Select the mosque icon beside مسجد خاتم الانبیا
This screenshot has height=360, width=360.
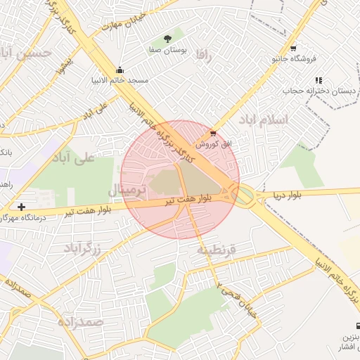pos(120,70)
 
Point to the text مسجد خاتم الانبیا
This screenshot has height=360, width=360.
pos(123,80)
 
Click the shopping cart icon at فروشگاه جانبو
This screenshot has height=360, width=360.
pos(293,49)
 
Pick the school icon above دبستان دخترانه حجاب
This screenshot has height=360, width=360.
pos(319,80)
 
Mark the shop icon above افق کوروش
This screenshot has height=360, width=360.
pos(213,132)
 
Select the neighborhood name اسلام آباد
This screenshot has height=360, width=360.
pos(264,120)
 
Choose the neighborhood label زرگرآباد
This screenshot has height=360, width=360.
pos(82,248)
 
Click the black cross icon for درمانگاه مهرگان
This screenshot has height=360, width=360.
pos(22,207)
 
